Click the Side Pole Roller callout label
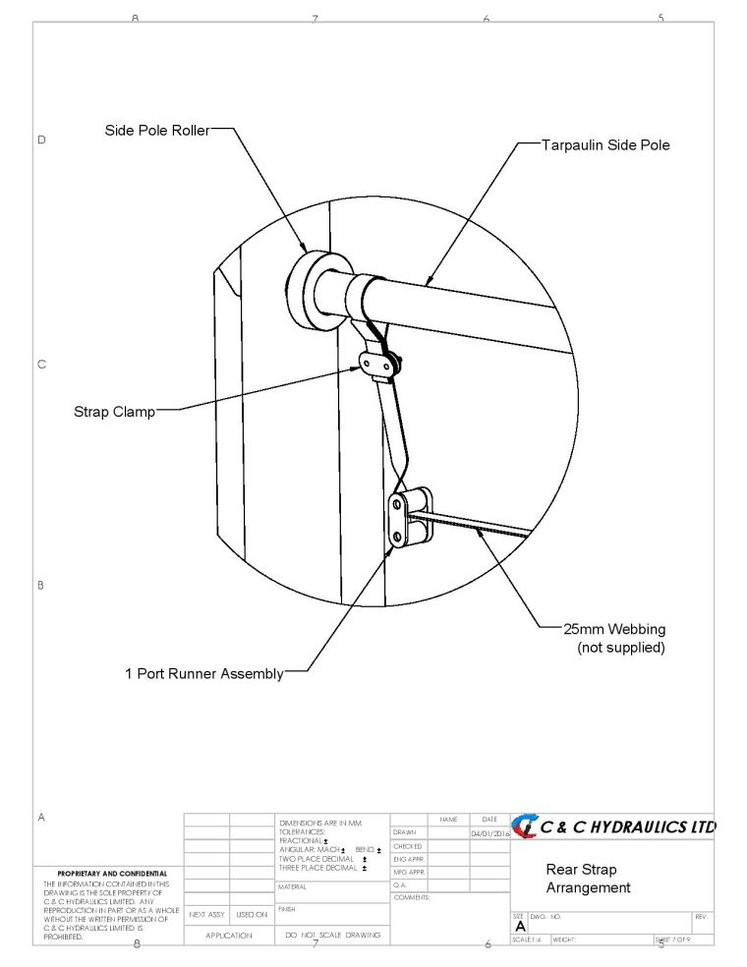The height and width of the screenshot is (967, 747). [x=156, y=131]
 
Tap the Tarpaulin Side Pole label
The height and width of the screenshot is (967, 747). [x=605, y=144]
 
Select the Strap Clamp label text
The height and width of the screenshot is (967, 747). [x=114, y=412]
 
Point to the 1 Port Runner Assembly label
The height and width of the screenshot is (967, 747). [x=203, y=674]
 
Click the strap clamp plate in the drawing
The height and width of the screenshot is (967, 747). [x=378, y=366]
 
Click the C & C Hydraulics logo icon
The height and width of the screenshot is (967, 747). [x=525, y=826]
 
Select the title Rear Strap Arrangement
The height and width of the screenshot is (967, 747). [x=587, y=879]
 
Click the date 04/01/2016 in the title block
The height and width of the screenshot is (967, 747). [x=489, y=833]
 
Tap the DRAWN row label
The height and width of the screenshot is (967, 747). [x=405, y=833]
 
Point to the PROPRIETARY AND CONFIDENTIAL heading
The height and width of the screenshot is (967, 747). [x=112, y=873]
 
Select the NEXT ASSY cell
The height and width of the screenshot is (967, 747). [x=206, y=915]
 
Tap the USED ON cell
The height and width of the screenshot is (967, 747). [x=252, y=915]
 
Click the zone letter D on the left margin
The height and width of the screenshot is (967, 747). [x=41, y=140]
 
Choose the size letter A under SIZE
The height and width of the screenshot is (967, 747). [x=520, y=927]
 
